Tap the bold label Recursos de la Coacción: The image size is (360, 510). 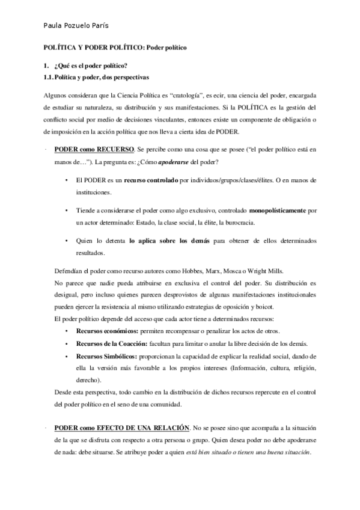pos(114,343)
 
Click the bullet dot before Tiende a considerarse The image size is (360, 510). pos(66,211)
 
